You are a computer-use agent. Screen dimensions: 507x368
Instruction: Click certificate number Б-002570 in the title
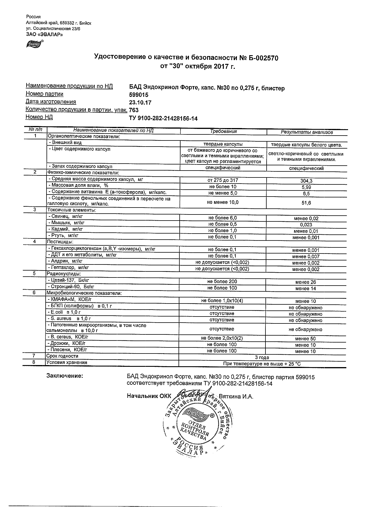(x=263, y=58)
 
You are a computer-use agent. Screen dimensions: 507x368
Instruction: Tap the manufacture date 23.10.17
(x=140, y=103)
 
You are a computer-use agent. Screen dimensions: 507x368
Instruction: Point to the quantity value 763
(x=134, y=110)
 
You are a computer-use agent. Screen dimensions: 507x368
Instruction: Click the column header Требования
(x=223, y=132)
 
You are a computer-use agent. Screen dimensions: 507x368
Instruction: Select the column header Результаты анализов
(x=307, y=132)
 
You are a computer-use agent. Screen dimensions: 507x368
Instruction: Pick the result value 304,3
(x=306, y=181)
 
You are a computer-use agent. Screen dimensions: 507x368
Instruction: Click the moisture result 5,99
(x=306, y=187)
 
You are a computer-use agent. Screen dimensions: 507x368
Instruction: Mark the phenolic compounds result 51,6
(x=306, y=203)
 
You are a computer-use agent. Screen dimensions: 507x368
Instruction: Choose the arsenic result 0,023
(x=306, y=225)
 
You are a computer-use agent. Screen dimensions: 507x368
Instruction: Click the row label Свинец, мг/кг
(x=67, y=216)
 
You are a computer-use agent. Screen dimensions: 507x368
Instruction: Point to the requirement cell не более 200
(x=222, y=282)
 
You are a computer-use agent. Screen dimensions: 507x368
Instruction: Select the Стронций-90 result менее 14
(x=306, y=288)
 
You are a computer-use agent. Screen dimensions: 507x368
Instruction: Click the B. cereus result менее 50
(x=305, y=339)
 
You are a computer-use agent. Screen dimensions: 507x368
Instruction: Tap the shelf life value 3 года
(x=262, y=358)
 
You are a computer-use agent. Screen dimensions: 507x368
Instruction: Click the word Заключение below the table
(x=65, y=376)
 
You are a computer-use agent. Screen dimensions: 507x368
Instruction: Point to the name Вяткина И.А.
(x=236, y=397)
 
